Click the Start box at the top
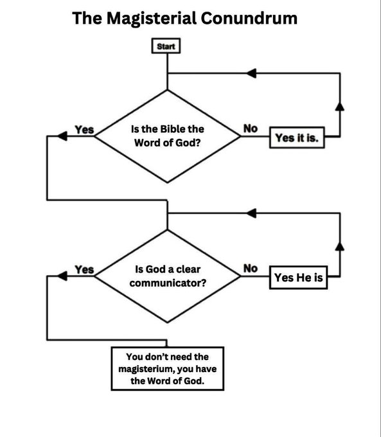pyautogui.click(x=167, y=46)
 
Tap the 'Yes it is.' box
pyautogui.click(x=297, y=138)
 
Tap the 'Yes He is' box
pyautogui.click(x=297, y=278)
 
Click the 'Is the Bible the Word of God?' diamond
pyautogui.click(x=168, y=136)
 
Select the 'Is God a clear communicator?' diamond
pyautogui.click(x=168, y=276)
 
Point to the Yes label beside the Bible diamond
pyautogui.click(x=84, y=130)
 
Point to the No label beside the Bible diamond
pyautogui.click(x=250, y=129)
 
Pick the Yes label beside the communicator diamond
pyautogui.click(x=84, y=269)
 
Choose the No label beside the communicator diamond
pyautogui.click(x=250, y=268)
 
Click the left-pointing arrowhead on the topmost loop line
pyautogui.click(x=254, y=73)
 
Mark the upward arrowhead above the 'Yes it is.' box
pyautogui.click(x=339, y=106)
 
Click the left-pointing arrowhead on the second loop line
pyautogui.click(x=254, y=212)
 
